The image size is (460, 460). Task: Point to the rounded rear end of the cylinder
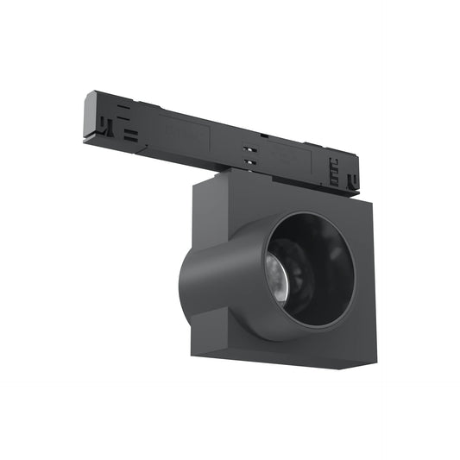pyautogui.click(x=186, y=285)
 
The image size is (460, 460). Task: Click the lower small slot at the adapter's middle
pyautogui.click(x=248, y=161)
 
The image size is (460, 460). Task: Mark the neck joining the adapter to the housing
pyautogui.click(x=242, y=171)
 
